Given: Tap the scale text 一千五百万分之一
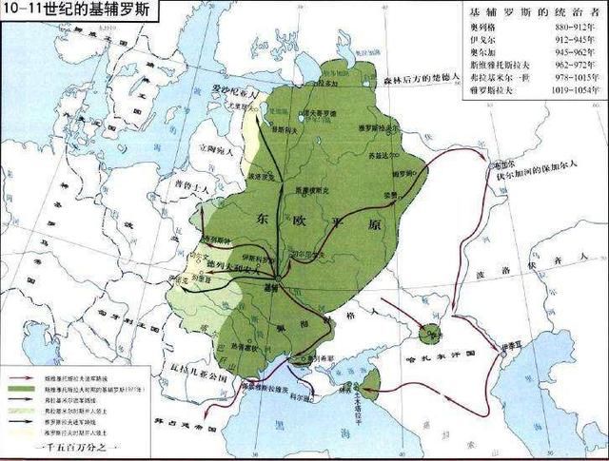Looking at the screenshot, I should pyautogui.click(x=76, y=449).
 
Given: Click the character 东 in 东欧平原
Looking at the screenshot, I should pyautogui.click(x=265, y=218).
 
